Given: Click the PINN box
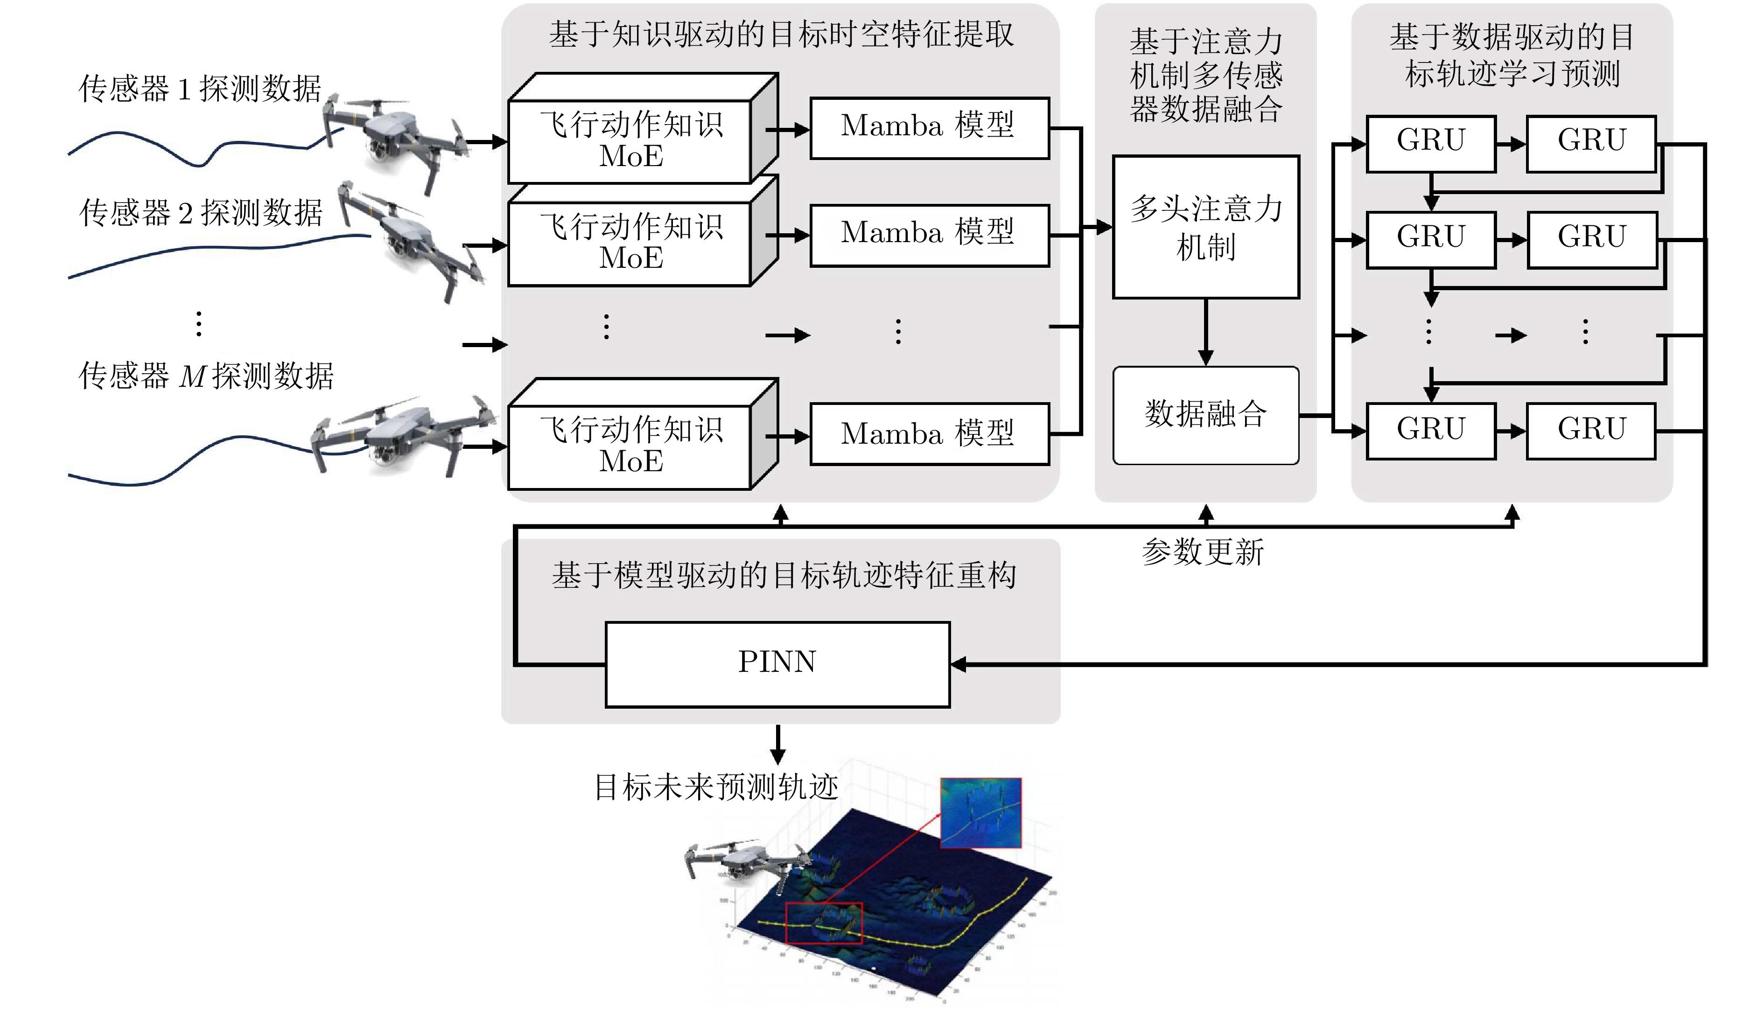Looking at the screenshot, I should (x=777, y=664).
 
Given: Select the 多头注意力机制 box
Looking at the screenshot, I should (x=1205, y=227).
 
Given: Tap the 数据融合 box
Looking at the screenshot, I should (x=1205, y=415).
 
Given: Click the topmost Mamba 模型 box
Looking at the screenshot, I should (x=929, y=128).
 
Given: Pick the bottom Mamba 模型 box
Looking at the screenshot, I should (x=929, y=434).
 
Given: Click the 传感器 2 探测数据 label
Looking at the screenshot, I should (x=202, y=212).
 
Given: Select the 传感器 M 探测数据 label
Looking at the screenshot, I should (x=206, y=376).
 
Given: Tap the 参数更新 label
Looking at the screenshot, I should (x=1203, y=552).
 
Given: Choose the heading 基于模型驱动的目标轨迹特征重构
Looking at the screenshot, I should (x=784, y=575).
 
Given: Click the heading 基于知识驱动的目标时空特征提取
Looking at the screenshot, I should (x=781, y=35).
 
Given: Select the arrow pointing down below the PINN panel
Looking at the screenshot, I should (x=778, y=744).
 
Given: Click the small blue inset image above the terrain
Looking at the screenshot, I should (x=980, y=812).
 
